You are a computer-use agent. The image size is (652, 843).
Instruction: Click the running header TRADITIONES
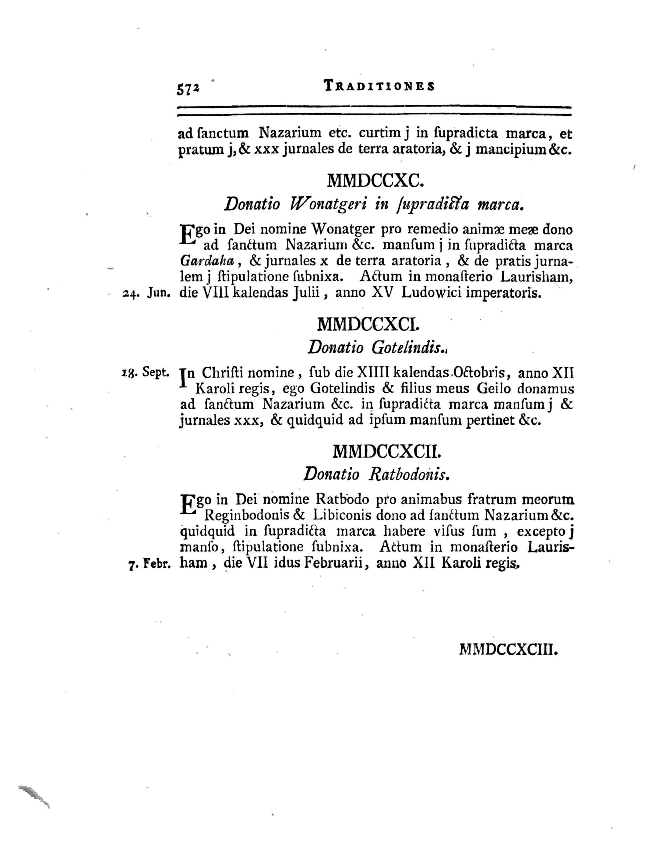379,85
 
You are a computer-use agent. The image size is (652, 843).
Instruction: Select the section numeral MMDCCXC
375,180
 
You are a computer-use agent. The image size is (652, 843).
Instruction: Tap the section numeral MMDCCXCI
368,324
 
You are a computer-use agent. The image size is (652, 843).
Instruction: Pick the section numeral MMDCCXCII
386,451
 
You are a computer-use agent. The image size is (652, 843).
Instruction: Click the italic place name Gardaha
207,261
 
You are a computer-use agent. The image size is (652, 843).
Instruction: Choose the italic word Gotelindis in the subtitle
407,348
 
